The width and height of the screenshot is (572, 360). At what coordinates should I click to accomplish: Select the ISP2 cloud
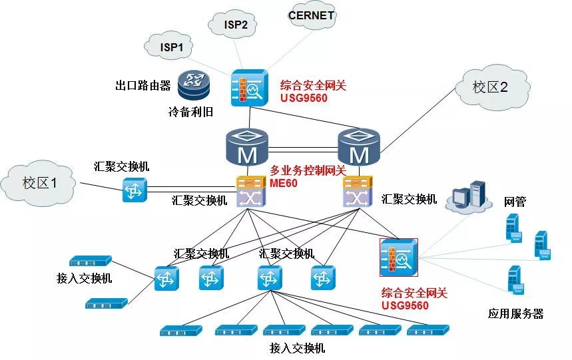235,25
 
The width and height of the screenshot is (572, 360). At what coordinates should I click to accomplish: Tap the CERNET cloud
311,16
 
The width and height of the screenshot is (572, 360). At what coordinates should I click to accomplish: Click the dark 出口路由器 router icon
194,85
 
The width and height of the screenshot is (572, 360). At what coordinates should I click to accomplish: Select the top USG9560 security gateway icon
248,87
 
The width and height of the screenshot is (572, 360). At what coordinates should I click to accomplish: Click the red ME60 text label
284,182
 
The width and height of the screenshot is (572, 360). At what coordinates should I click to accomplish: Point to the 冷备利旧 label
190,111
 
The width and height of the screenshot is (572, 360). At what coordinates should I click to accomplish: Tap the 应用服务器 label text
515,313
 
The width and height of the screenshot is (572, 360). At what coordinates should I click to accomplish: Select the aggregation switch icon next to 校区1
134,190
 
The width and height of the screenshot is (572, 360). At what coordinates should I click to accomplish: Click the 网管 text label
515,202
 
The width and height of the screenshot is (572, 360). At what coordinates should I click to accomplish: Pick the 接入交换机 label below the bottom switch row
297,347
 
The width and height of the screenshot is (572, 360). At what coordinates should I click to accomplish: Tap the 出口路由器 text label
143,85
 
